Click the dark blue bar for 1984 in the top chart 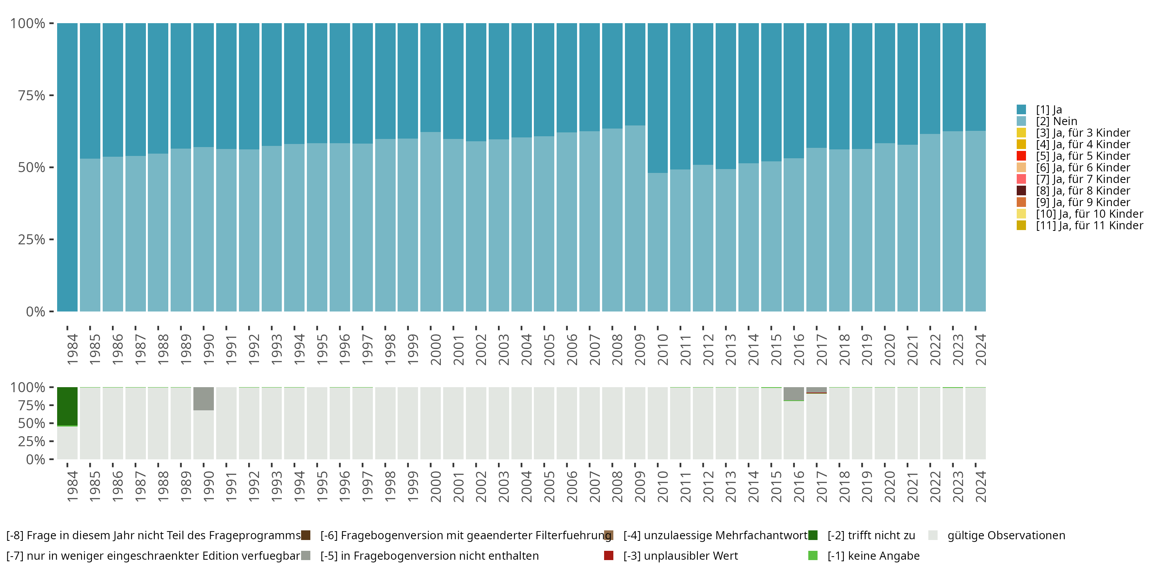click(68, 167)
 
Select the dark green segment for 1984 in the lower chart click(68, 406)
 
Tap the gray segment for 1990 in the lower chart click(204, 398)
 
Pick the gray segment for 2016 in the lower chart click(794, 393)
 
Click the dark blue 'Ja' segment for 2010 click(658, 98)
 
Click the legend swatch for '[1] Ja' click(1021, 110)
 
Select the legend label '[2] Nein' click(1056, 121)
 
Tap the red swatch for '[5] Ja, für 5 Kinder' click(1021, 156)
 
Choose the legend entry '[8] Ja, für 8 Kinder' click(1082, 191)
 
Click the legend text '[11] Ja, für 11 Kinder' click(1089, 225)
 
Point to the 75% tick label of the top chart click(32, 95)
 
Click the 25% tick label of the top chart click(32, 240)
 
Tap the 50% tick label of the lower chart click(32, 423)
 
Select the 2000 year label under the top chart click(435, 349)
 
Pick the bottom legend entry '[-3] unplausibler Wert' click(680, 555)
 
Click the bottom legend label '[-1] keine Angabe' click(874, 555)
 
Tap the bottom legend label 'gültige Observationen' click(1006, 535)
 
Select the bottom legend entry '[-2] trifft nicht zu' click(871, 535)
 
